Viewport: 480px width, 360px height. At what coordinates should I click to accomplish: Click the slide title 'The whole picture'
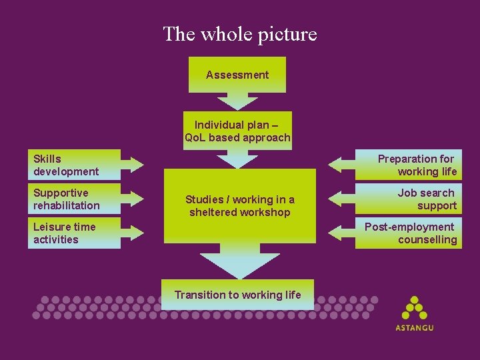(x=240, y=34)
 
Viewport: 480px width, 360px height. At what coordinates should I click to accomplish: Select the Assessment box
(x=237, y=75)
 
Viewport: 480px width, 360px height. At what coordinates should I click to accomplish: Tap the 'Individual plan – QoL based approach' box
(x=237, y=131)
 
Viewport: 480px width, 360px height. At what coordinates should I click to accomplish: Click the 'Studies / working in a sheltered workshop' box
(x=240, y=206)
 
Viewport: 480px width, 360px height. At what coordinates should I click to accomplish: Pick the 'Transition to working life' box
(x=237, y=295)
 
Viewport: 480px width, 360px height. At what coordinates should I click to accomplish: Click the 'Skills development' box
(x=74, y=165)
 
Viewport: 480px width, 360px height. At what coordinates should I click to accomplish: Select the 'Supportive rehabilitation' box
(x=74, y=199)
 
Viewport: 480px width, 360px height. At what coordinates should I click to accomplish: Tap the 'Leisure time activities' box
(x=74, y=233)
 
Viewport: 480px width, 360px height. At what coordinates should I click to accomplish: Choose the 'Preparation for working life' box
(x=409, y=165)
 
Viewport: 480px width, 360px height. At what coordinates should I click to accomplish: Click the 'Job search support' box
(x=409, y=199)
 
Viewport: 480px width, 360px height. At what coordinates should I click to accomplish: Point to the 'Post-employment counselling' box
(x=409, y=233)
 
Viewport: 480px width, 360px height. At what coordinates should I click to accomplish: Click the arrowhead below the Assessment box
(x=237, y=103)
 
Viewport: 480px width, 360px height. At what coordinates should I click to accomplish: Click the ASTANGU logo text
(x=415, y=328)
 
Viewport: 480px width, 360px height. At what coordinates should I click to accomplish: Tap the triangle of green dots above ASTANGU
(x=415, y=308)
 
